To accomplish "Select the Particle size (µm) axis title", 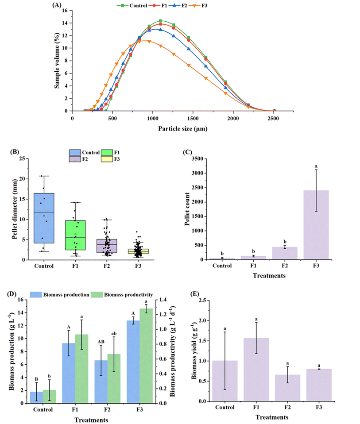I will click(182, 128).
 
